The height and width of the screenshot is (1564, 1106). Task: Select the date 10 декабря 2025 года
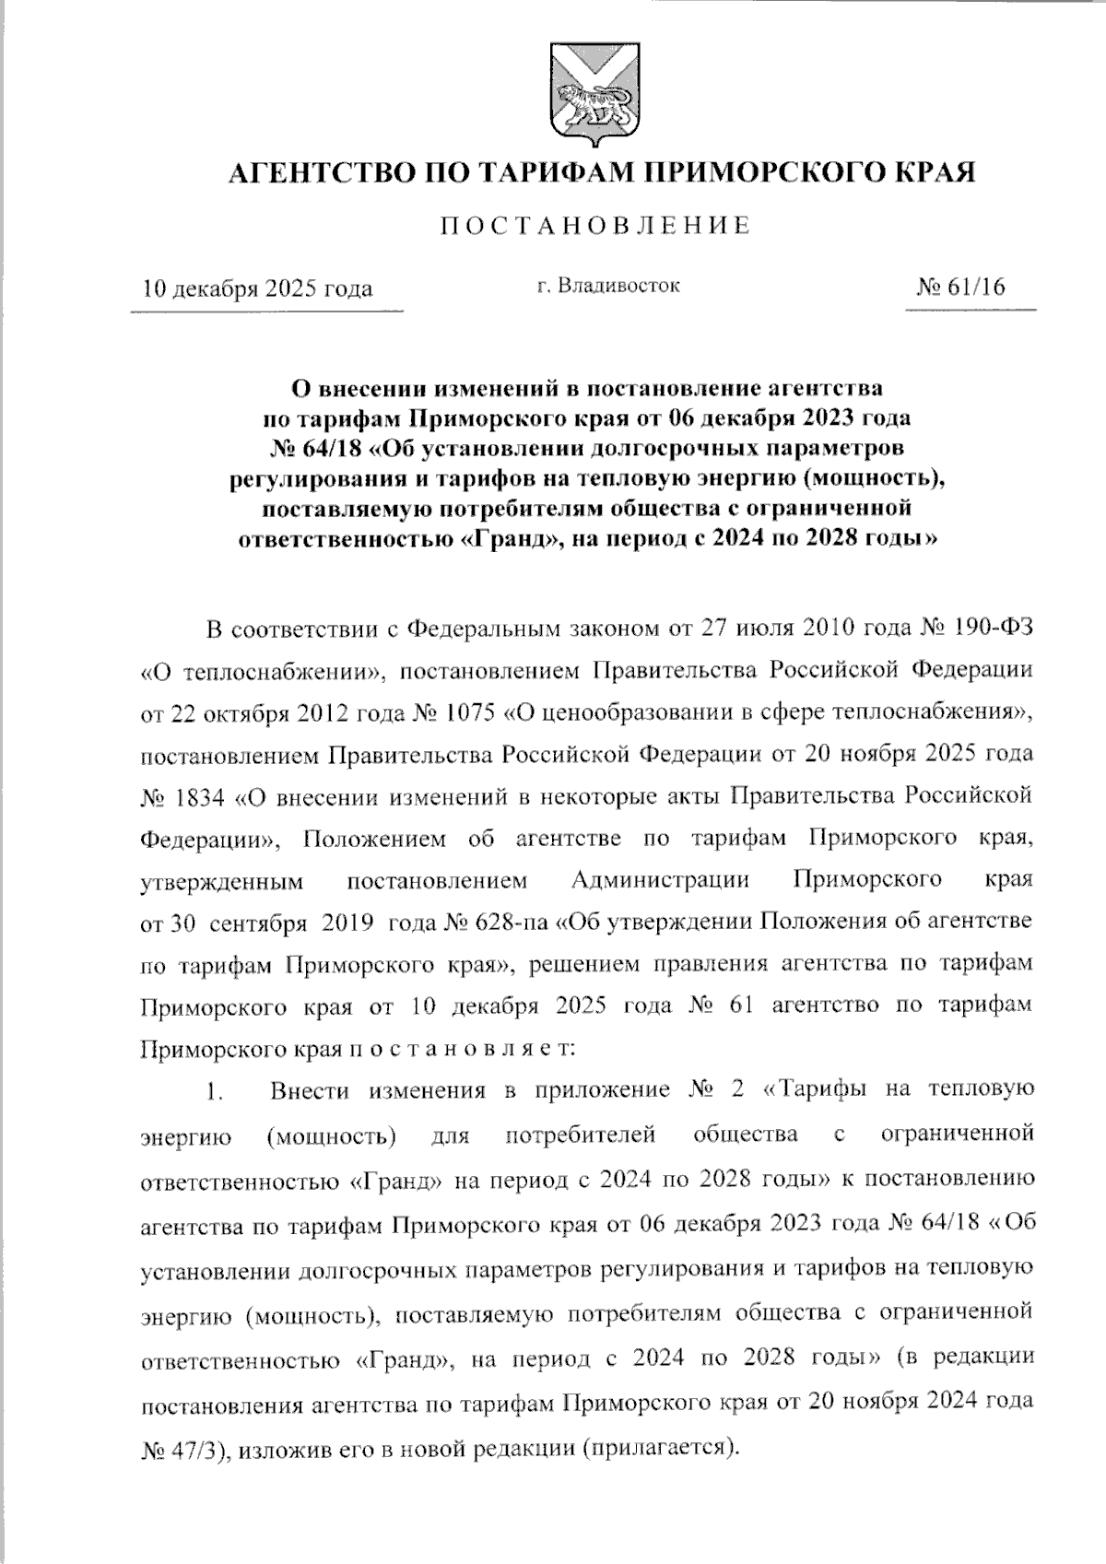pos(257,288)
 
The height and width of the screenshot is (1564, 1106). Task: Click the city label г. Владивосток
pos(608,286)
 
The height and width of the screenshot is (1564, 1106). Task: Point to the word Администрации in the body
pos(660,879)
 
